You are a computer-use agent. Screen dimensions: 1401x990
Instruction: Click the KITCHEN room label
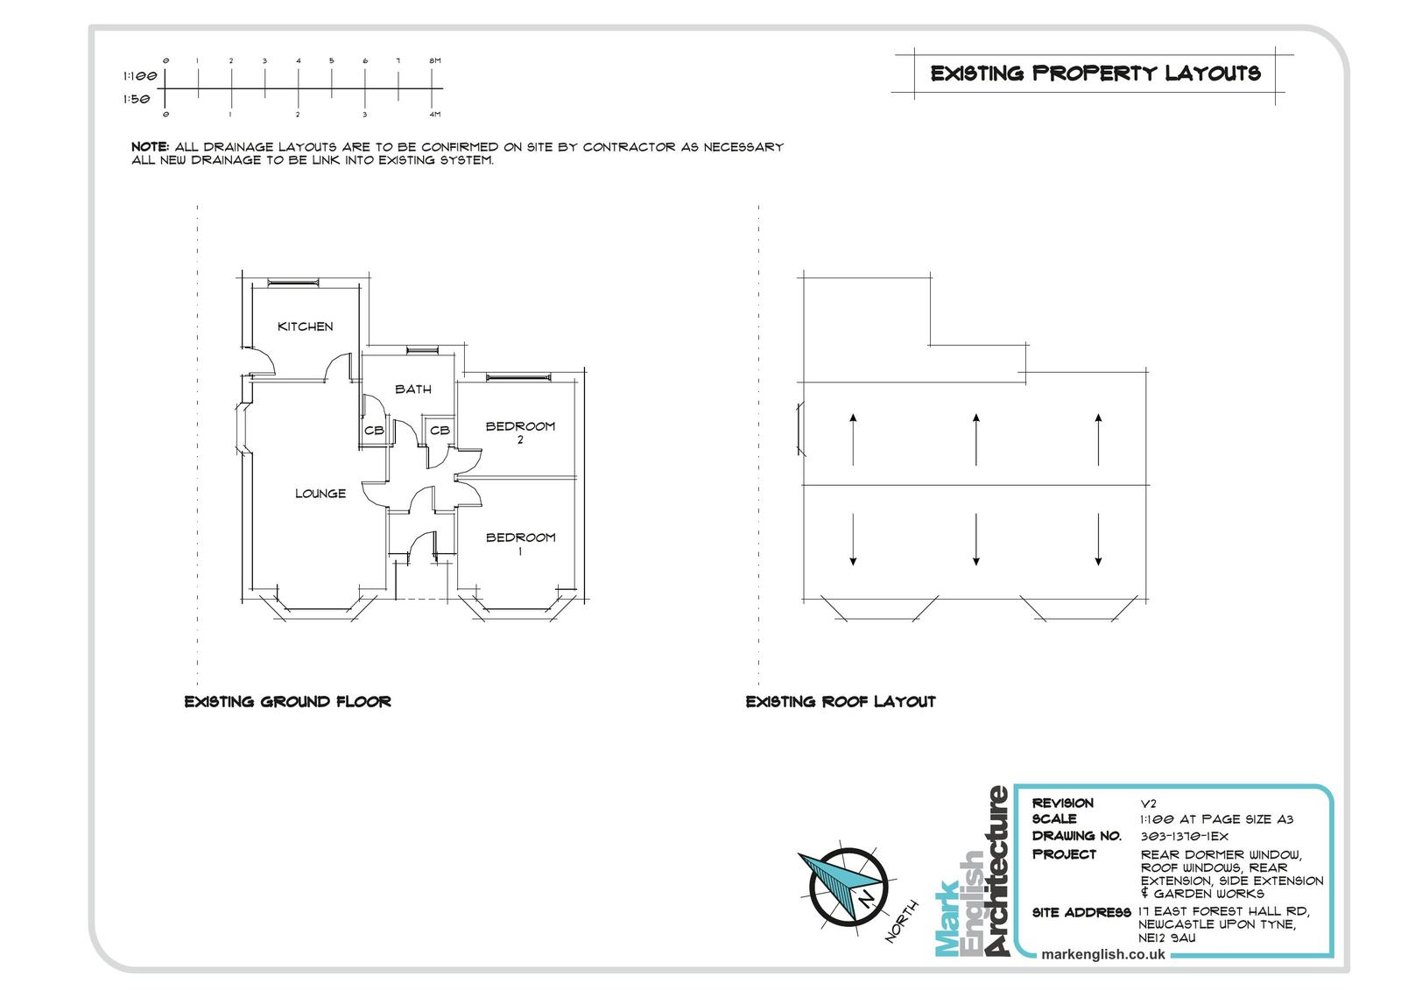click(306, 326)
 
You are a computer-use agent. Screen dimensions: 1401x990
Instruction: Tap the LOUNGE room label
click(320, 494)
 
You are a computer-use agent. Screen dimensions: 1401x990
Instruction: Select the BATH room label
click(412, 389)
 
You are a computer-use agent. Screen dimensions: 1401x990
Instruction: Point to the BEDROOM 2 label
click(520, 432)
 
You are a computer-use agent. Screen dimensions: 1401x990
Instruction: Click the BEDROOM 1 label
click(520, 544)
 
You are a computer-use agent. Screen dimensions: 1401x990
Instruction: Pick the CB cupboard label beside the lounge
click(374, 431)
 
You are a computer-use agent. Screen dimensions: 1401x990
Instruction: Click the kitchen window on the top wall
click(293, 284)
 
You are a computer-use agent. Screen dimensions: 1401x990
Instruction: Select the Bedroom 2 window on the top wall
click(518, 377)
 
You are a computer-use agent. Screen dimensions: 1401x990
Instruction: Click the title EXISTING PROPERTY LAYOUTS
click(1095, 74)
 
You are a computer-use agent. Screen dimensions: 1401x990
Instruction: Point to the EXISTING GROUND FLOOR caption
click(288, 702)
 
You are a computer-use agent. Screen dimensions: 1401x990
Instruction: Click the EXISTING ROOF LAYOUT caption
click(841, 702)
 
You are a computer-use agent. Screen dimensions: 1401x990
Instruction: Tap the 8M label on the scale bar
click(434, 60)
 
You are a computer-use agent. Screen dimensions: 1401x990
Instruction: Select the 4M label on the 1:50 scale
click(434, 115)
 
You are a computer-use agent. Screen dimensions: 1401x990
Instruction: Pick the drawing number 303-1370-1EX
click(1184, 836)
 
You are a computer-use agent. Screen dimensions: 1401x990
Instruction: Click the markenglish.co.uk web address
click(1102, 954)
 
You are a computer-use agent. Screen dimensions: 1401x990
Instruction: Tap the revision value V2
click(1148, 804)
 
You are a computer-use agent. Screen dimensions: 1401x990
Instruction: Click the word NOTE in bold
click(150, 147)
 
